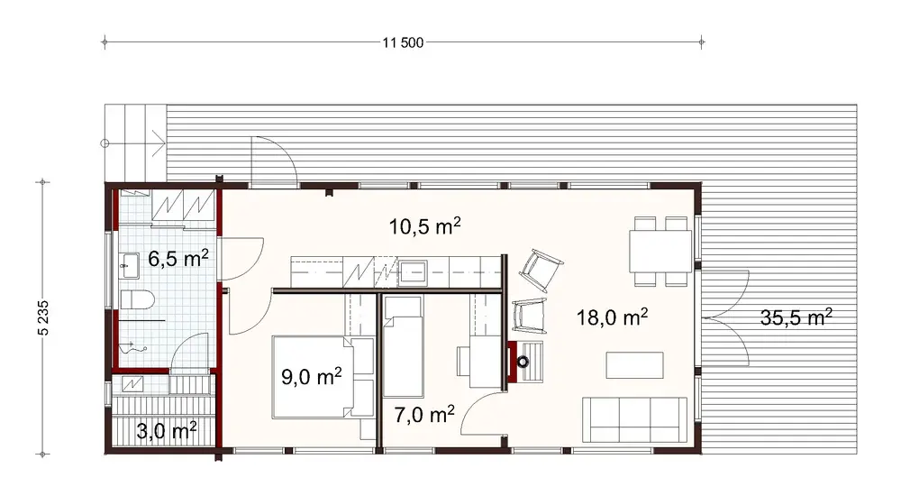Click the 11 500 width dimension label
pos(404,41)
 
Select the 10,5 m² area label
pos(425,226)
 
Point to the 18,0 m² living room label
pos(612,317)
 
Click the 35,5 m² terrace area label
pos(793,317)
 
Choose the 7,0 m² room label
pos(423,414)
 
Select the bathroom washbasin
pos(128,263)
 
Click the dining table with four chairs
pos(661,250)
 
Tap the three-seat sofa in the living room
pos(630,418)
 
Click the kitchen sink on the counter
pos(415,270)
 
